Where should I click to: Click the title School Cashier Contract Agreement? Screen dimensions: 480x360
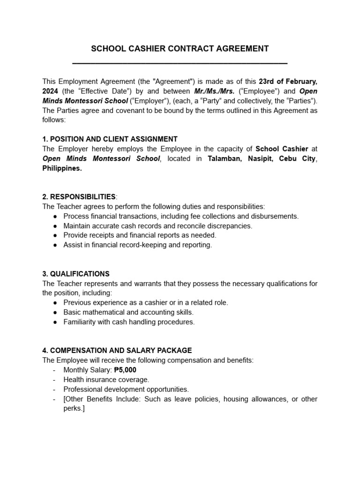coord(180,49)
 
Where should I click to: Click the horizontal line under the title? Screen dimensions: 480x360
coord(180,63)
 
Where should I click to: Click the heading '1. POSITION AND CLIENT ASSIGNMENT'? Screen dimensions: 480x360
coord(110,139)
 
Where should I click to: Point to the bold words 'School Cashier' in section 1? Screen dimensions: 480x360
coord(282,149)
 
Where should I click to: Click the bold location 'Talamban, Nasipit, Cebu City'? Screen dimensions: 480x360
coord(262,158)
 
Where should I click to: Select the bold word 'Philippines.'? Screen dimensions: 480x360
coord(62,168)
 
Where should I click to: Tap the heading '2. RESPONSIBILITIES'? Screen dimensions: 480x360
coord(79,196)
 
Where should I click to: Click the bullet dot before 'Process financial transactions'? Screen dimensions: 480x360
coord(55,216)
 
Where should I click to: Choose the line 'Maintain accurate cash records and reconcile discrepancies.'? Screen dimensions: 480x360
coord(157,225)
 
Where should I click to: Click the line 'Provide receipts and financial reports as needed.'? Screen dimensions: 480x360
coord(140,235)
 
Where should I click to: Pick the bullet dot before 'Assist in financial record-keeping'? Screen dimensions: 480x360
coord(55,245)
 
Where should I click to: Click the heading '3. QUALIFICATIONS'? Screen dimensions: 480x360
coord(76,274)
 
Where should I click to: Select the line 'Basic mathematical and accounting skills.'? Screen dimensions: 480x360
coord(128,312)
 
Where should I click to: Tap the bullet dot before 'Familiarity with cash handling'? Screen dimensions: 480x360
coord(55,322)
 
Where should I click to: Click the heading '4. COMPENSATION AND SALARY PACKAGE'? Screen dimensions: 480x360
coord(117,350)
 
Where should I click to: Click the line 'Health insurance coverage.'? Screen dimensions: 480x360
coord(106,379)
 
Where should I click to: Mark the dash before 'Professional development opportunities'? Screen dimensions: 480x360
coord(55,389)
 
